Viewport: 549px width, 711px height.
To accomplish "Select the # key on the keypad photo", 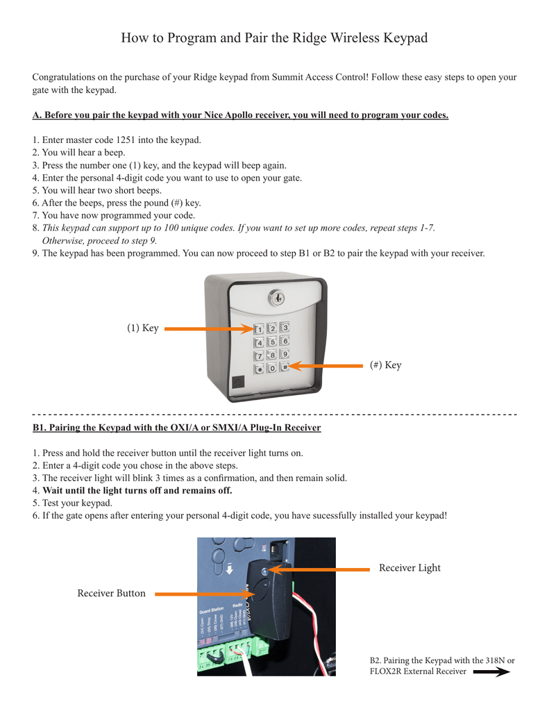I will click(285, 367).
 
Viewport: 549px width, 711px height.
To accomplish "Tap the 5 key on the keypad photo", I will click(272, 342).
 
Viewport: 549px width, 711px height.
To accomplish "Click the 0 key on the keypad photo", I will click(272, 368).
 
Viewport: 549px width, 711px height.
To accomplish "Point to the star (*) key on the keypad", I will click(260, 369).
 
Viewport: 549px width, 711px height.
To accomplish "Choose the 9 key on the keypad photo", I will click(285, 354).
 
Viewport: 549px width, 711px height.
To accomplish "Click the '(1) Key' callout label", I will click(142, 328).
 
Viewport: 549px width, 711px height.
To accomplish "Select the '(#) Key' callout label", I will click(385, 365).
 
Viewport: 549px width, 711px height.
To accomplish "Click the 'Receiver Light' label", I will click(409, 568).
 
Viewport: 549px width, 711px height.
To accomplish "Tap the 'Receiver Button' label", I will click(111, 593).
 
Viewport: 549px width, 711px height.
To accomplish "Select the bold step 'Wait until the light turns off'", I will click(137, 490).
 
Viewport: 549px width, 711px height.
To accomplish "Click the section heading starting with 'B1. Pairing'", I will click(177, 428).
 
